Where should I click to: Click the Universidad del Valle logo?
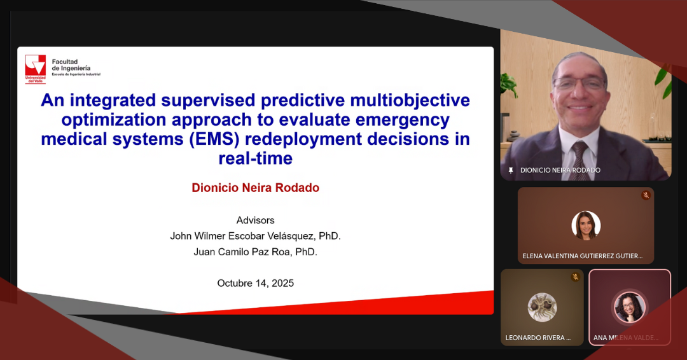(x=36, y=69)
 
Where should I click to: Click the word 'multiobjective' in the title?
(x=410, y=100)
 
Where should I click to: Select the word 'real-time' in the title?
(x=256, y=158)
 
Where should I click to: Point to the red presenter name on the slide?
(x=256, y=188)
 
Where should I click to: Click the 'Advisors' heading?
(x=256, y=220)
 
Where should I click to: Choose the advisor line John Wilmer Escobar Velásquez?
(x=256, y=236)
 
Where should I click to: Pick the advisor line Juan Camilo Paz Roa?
(x=256, y=252)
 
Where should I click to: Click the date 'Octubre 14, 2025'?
(x=256, y=284)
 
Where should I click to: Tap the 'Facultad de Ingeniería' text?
(x=71, y=65)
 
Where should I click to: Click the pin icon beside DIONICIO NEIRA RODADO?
(x=510, y=170)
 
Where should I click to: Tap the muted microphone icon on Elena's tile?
(x=646, y=195)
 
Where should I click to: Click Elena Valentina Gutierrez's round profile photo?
(x=586, y=226)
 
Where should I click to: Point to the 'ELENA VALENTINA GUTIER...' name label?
(x=582, y=256)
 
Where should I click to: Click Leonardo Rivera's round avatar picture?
(x=542, y=307)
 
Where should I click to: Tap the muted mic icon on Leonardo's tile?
(x=575, y=277)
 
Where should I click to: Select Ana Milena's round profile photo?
(x=630, y=307)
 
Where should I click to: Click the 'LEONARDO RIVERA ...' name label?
(x=538, y=338)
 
